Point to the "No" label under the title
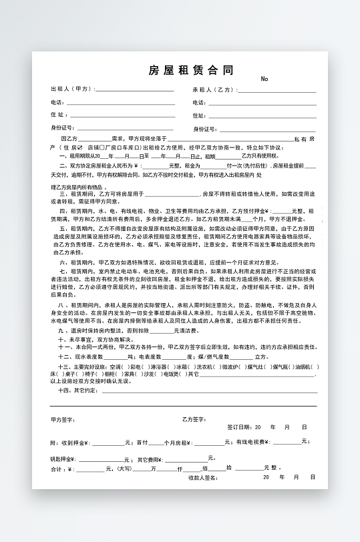[x=264, y=79]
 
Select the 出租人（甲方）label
[x=73, y=89]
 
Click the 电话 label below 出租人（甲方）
[x=57, y=102]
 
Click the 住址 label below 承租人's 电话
[x=198, y=115]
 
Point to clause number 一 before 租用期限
[x=62, y=156]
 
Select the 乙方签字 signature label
[x=194, y=419]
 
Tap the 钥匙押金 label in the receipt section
[x=64, y=459]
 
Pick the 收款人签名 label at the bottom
[x=203, y=477]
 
